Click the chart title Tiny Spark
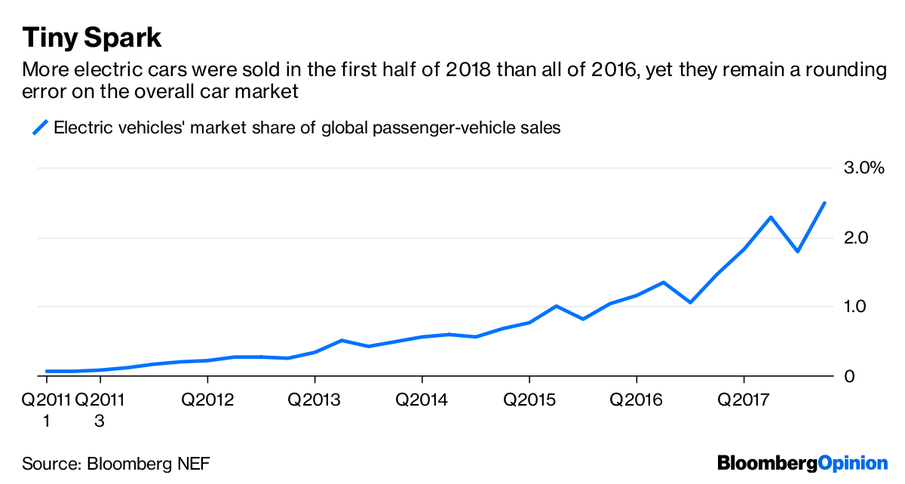pos(92,37)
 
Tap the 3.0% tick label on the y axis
pos(862,168)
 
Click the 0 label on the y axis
pos(849,376)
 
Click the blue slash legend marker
pos(40,127)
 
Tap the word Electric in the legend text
pos(81,127)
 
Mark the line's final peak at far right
pos(824,203)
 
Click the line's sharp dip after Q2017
pos(798,251)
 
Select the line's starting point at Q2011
pos(47,371)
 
